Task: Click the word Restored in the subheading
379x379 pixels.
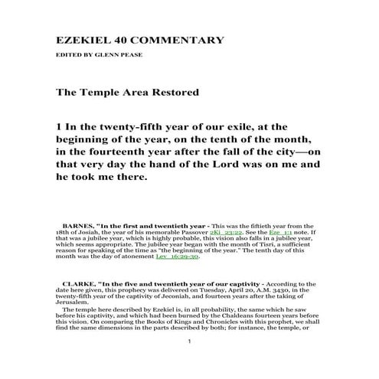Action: click(172, 93)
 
